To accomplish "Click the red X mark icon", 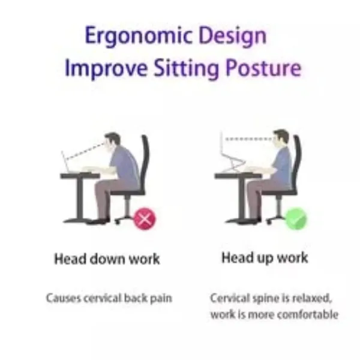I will coord(145,218).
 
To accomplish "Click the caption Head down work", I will coord(107,260).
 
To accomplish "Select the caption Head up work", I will coord(265,259).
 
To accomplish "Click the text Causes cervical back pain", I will coord(109,298).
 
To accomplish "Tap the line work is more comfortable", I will coord(274,314).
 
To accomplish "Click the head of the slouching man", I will coord(111,142).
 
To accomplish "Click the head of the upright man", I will coord(280,138).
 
